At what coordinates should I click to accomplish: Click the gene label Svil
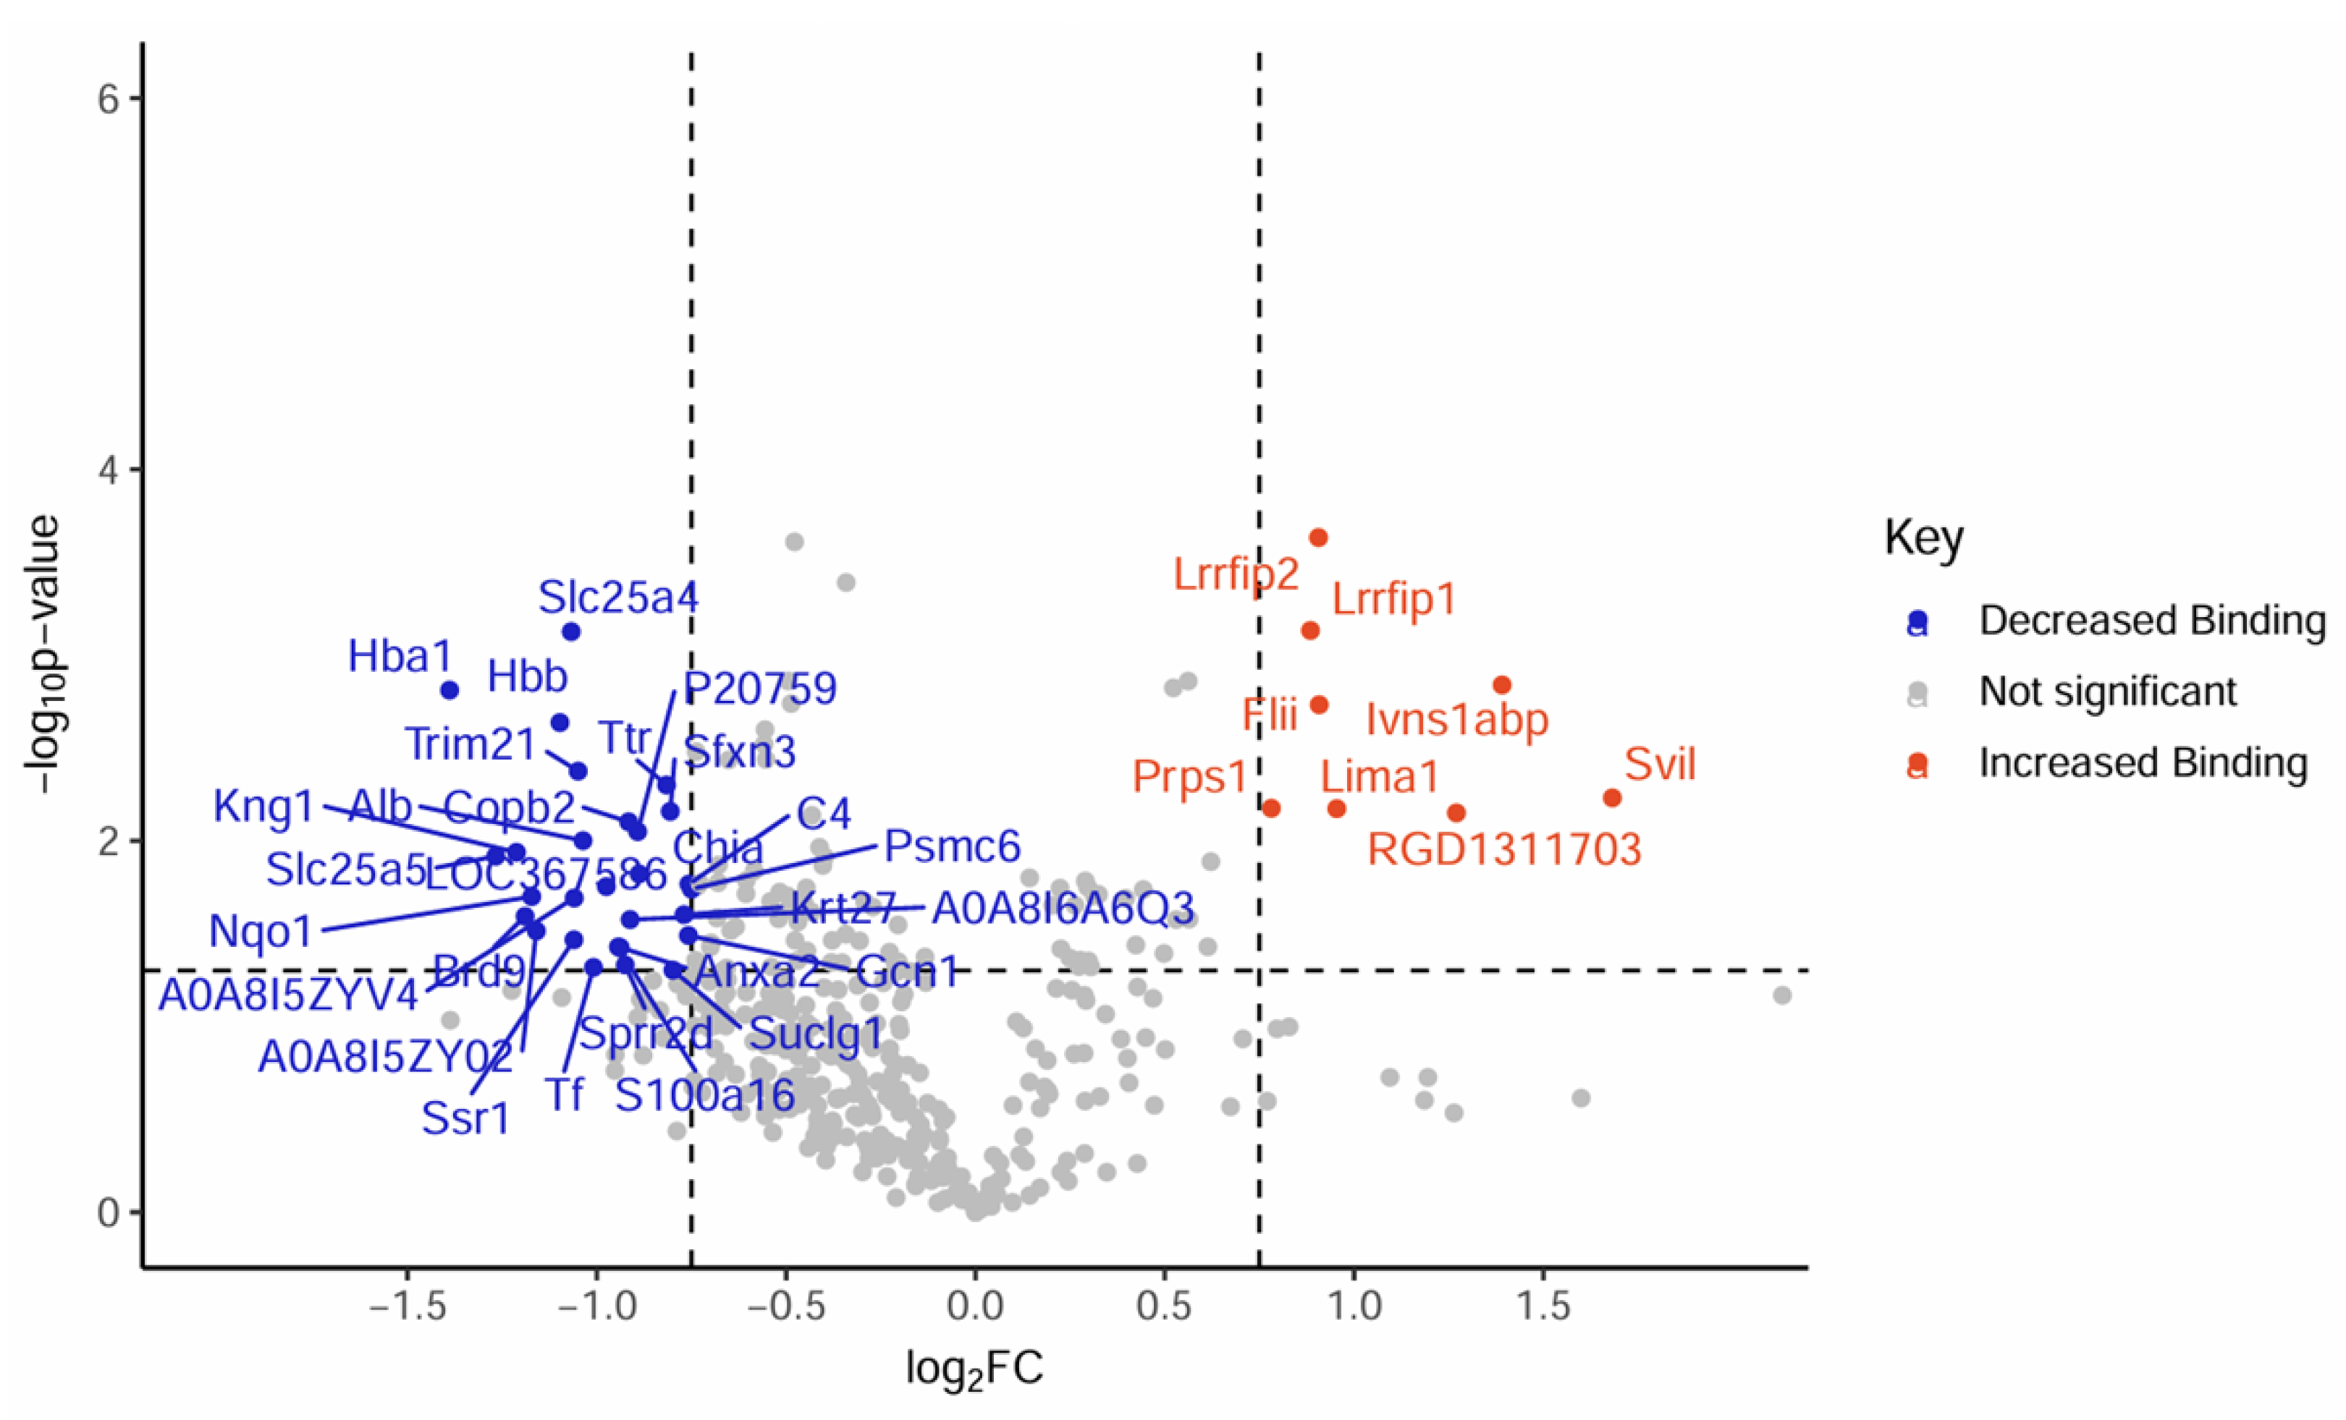[1660, 764]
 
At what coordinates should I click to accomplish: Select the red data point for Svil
[1612, 798]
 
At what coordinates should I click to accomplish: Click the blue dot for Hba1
[450, 690]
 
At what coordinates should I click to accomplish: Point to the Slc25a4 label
[618, 598]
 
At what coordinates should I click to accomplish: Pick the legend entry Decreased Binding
[2152, 621]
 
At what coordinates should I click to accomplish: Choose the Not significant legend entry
[2108, 692]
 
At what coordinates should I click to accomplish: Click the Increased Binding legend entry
[2143, 763]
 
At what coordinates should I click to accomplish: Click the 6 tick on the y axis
[108, 99]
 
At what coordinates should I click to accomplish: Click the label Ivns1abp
[1456, 720]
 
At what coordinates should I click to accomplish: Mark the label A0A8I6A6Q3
[1063, 909]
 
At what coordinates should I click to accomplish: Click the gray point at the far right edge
[1782, 995]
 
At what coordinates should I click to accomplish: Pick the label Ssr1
[465, 1118]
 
